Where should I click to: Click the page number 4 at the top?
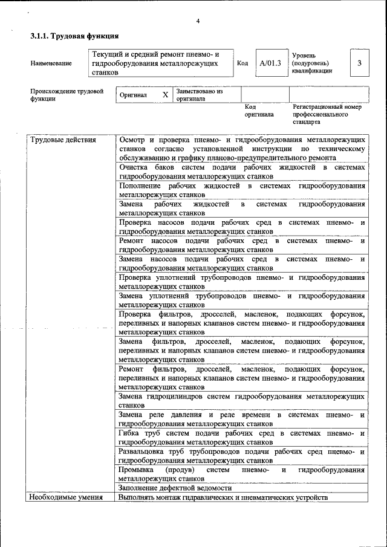198,22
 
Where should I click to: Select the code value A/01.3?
270,63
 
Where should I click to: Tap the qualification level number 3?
360,63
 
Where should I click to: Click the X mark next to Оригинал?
165,95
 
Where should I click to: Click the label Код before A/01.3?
242,63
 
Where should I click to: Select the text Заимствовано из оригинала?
199,95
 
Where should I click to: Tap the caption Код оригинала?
259,110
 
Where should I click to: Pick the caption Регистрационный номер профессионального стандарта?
326,114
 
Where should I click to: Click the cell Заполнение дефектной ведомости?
175,488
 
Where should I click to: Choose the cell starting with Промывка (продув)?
242,474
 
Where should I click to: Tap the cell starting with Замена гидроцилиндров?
242,401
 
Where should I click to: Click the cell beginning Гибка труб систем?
242,438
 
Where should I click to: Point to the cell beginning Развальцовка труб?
242,456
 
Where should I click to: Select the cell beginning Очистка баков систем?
242,171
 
